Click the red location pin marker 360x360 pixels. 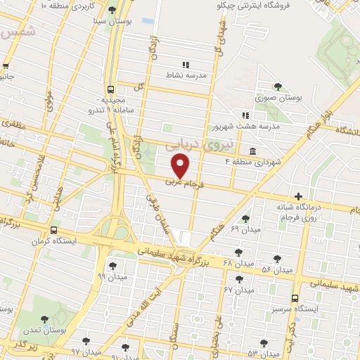181,166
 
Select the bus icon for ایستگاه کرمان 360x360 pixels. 54,230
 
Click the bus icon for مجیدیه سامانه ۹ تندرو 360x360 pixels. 110,89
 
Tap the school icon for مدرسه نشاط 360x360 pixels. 186,65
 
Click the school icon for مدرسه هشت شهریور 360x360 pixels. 245,115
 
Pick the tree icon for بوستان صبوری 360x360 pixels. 278,87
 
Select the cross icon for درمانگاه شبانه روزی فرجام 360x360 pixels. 299,196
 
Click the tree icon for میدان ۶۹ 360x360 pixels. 245,219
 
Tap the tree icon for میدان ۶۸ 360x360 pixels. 239,251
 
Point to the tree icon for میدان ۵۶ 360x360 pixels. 277,259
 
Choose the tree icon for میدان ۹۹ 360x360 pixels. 112,266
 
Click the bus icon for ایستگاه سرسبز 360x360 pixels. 295,297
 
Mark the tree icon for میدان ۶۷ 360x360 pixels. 239,278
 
